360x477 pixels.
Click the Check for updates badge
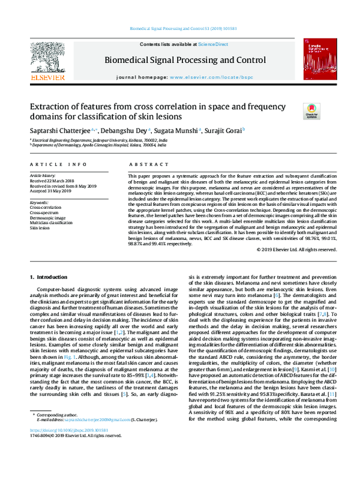(x=311, y=110)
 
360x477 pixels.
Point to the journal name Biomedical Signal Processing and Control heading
(x=185, y=60)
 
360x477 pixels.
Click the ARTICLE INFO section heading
(x=53, y=164)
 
